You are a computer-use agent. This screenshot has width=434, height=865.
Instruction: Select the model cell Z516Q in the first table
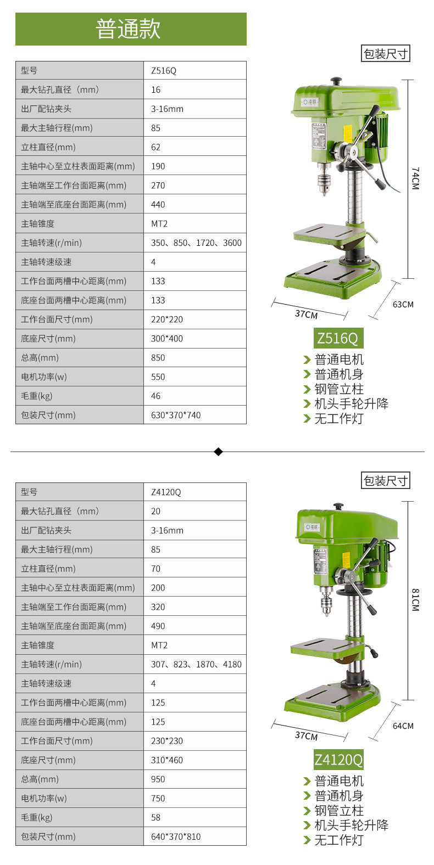[x=164, y=71]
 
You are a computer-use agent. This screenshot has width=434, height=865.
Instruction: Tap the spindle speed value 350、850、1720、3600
[x=196, y=243]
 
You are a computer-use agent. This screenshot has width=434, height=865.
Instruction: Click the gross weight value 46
[x=155, y=396]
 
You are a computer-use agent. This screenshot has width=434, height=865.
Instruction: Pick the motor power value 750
[x=158, y=798]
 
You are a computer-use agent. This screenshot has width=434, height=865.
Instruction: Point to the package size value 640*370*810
[x=176, y=836]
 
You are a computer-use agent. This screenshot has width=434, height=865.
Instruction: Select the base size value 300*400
[x=167, y=339]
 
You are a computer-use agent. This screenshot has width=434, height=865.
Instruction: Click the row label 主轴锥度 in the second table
[x=37, y=645]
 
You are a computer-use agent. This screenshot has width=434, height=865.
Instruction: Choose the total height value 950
[x=158, y=779]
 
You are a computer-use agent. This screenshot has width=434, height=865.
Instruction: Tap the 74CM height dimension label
[x=415, y=178]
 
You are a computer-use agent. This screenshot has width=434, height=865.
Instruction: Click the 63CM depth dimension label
[x=403, y=304]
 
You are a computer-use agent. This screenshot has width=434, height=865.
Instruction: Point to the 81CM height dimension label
[x=415, y=600]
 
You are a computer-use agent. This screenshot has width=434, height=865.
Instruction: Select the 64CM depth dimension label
[x=403, y=726]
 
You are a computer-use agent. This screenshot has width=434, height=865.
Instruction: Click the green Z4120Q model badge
[x=338, y=760]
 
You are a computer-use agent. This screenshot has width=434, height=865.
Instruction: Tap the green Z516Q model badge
[x=338, y=338]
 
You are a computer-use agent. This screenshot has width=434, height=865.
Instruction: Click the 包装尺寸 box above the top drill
[x=385, y=54]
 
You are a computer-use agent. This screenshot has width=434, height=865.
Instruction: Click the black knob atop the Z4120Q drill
[x=338, y=506]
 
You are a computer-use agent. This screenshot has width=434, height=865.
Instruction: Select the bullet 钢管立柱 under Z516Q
[x=339, y=389]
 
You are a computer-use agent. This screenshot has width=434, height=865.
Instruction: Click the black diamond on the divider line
[x=218, y=451]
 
